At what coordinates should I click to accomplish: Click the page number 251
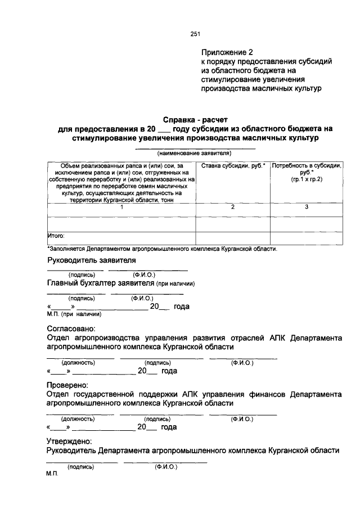tap(195, 34)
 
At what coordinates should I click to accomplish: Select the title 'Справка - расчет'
tap(195, 120)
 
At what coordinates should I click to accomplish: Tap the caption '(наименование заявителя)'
tap(195, 153)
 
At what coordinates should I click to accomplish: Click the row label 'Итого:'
tap(57, 236)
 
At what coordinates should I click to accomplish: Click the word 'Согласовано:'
tap(71, 328)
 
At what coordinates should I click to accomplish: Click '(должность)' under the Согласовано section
tap(78, 363)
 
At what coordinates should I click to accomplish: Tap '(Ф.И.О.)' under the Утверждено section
tap(165, 467)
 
